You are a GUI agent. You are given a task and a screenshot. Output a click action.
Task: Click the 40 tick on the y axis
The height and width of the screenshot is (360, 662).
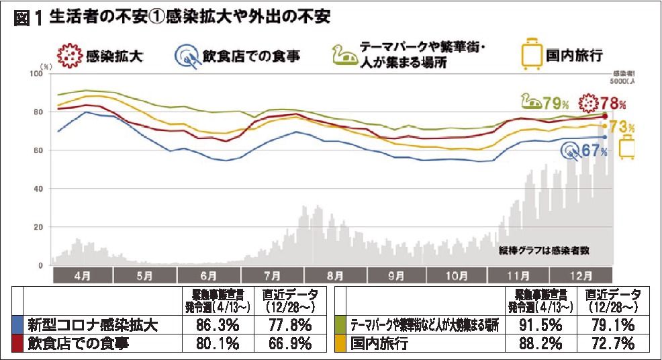point(38,189)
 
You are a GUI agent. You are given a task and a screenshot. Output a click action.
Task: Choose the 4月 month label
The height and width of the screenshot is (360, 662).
point(83,275)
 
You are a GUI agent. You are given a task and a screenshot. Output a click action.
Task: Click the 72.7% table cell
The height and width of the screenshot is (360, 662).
point(616,344)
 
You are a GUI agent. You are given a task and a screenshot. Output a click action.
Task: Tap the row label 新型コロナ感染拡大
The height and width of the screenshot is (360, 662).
point(93,326)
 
